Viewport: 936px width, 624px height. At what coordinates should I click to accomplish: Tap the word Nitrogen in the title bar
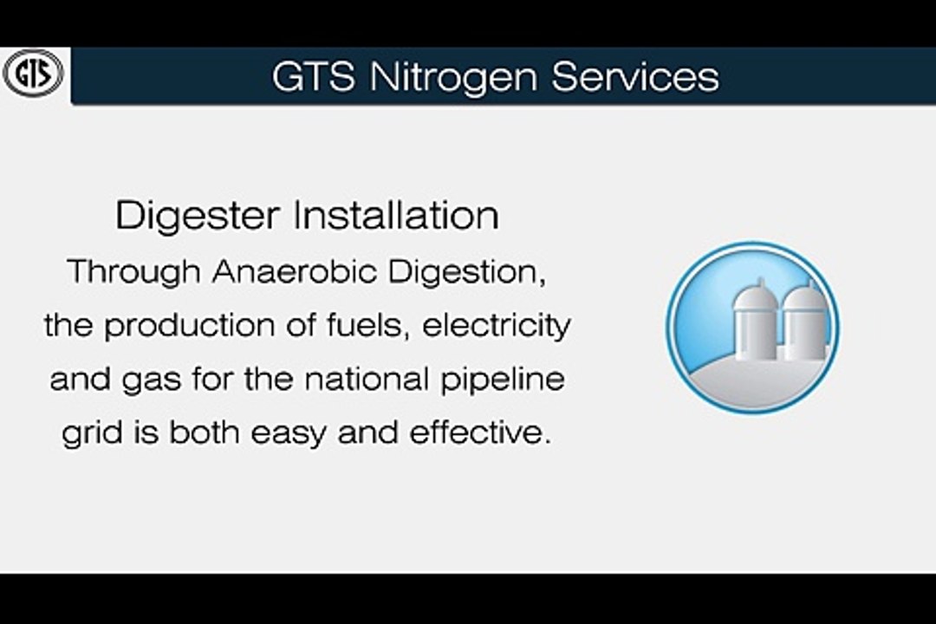click(454, 78)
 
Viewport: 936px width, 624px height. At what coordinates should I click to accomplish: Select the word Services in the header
click(635, 76)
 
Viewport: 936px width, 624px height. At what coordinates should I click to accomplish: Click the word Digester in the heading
click(198, 217)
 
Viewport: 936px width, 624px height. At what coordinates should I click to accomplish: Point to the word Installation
click(396, 215)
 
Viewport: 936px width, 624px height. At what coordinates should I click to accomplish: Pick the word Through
click(133, 272)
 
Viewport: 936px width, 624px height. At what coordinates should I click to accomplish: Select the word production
click(189, 327)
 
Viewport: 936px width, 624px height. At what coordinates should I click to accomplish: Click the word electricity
click(496, 327)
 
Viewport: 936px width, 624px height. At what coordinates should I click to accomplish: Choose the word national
click(367, 380)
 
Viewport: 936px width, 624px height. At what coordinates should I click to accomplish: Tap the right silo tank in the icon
click(803, 322)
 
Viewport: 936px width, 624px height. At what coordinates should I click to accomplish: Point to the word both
click(204, 432)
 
